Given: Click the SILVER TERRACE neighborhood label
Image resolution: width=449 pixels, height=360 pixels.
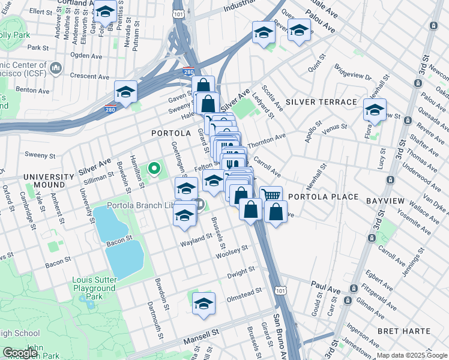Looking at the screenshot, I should (x=321, y=102).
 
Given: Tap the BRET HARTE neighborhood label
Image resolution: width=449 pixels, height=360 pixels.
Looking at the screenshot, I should (x=404, y=331).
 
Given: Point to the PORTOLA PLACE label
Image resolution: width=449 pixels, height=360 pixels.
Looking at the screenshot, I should (x=323, y=197).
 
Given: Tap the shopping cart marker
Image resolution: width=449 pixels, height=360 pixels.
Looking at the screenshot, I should (x=271, y=195).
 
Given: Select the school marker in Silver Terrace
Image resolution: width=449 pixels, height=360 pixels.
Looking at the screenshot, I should (x=375, y=110).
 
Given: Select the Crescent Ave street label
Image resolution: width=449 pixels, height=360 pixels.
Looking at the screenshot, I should (x=88, y=76).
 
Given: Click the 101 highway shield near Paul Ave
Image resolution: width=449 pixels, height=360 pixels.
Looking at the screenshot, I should (x=280, y=290).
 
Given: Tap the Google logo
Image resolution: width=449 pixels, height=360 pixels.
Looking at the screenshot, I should (x=20, y=353).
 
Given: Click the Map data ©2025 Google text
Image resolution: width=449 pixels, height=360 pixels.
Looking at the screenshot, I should (x=412, y=355).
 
